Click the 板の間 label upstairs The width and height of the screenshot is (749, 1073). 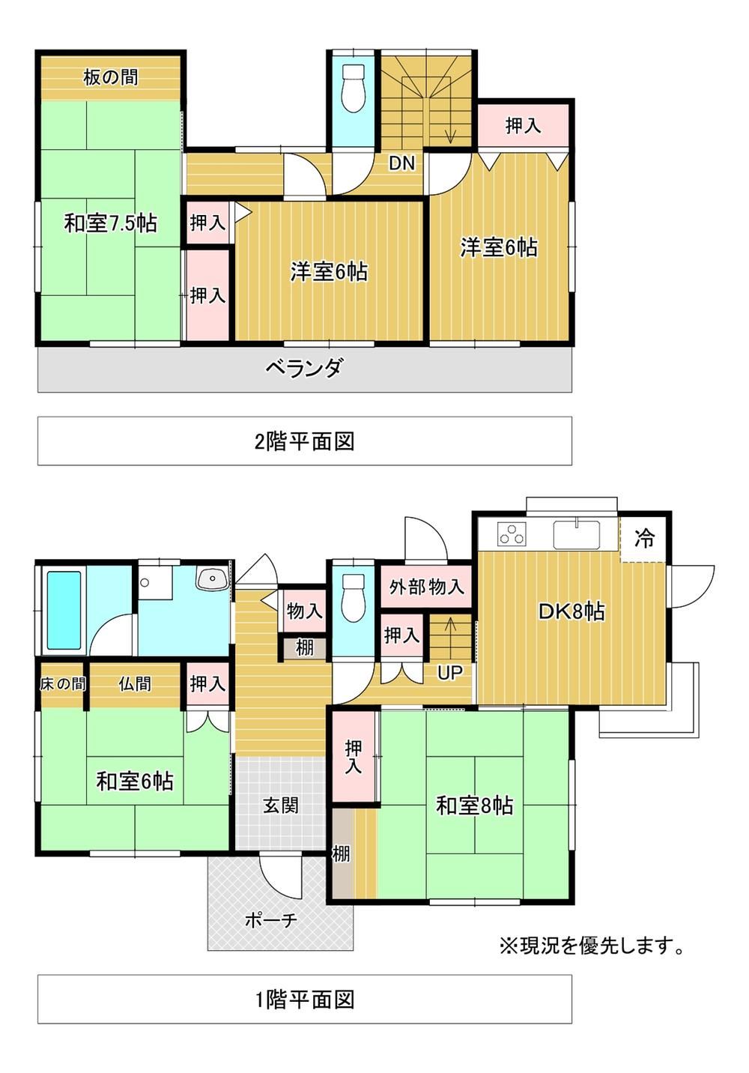(x=111, y=77)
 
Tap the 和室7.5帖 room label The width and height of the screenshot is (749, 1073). (x=111, y=223)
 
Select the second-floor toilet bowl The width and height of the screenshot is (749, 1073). (x=354, y=88)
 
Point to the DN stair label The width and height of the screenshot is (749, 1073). (x=401, y=164)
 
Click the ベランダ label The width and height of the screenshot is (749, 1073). (x=304, y=369)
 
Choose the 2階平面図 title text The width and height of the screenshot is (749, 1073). (x=305, y=441)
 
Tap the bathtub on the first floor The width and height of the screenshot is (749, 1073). (x=64, y=610)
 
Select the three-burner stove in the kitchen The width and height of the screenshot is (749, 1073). (x=512, y=534)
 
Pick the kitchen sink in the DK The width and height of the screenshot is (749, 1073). (x=577, y=534)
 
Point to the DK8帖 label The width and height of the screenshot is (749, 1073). (x=571, y=611)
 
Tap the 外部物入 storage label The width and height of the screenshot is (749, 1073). (x=426, y=587)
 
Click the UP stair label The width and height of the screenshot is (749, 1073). (x=449, y=673)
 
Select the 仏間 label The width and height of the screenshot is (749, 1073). (x=135, y=683)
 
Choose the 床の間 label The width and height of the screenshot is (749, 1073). (x=63, y=683)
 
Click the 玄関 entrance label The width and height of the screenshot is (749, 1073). (x=281, y=805)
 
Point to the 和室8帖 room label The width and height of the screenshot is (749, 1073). (x=475, y=806)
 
